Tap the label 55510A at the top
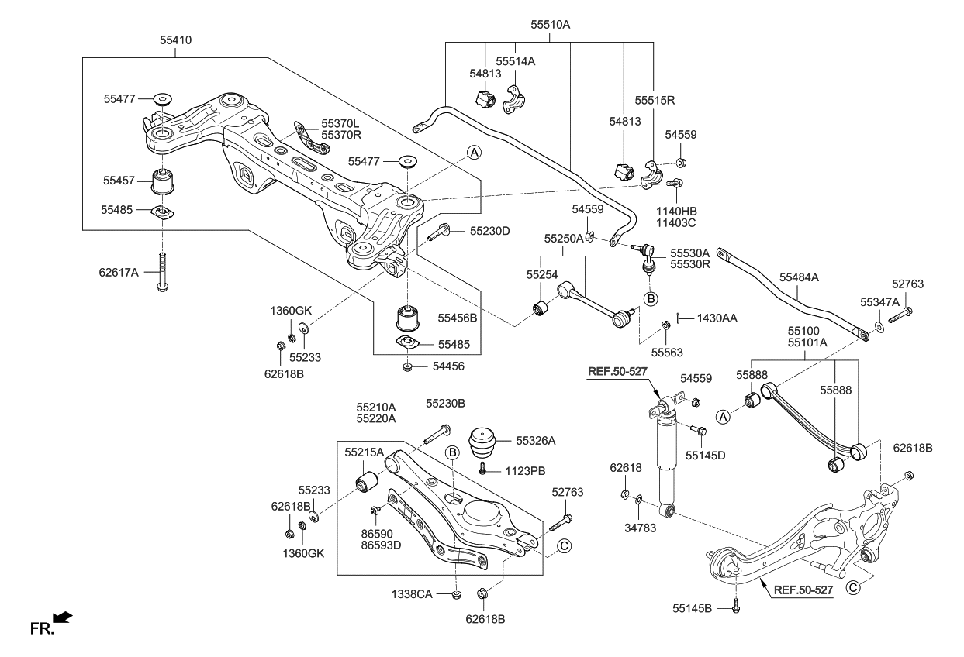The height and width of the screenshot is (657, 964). tap(551, 25)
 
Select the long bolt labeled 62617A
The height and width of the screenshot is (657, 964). tap(162, 271)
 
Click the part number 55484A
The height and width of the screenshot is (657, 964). tap(800, 276)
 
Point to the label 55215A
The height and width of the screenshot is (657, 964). tap(364, 451)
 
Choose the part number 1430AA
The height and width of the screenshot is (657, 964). tap(717, 318)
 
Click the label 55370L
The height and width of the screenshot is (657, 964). tap(341, 123)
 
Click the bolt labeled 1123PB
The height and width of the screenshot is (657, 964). tap(482, 469)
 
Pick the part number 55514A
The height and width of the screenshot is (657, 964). tap(516, 60)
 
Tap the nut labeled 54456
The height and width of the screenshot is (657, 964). tap(407, 366)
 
